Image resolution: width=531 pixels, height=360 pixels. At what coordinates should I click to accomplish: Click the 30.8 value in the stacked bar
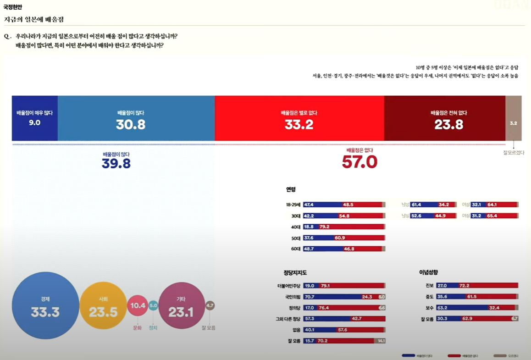click(131, 124)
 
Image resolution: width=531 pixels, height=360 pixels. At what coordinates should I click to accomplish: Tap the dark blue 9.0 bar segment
click(35, 118)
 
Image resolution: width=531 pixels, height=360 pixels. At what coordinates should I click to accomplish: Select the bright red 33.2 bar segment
click(299, 118)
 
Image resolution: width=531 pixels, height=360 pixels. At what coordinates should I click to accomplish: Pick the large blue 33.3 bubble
click(45, 305)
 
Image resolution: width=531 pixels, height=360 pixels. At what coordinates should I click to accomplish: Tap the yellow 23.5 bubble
click(103, 305)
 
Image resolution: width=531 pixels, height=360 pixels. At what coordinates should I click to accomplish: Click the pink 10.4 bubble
click(138, 305)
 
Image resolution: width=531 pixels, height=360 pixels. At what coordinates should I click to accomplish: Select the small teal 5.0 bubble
click(153, 305)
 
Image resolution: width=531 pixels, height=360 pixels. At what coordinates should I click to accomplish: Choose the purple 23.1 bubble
click(181, 305)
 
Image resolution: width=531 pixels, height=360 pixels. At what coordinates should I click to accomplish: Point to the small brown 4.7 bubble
click(210, 305)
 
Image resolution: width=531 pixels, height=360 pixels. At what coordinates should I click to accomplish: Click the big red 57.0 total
click(360, 162)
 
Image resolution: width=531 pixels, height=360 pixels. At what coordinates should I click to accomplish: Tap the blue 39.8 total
click(116, 164)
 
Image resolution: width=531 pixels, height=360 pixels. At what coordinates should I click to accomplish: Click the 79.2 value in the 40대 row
click(324, 227)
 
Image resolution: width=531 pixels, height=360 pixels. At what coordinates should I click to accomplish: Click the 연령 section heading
click(291, 189)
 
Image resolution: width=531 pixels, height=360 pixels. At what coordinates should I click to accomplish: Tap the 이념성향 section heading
click(428, 272)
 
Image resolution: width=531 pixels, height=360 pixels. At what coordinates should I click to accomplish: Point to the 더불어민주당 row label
click(289, 286)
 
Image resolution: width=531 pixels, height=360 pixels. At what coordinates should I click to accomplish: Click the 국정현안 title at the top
click(12, 7)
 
